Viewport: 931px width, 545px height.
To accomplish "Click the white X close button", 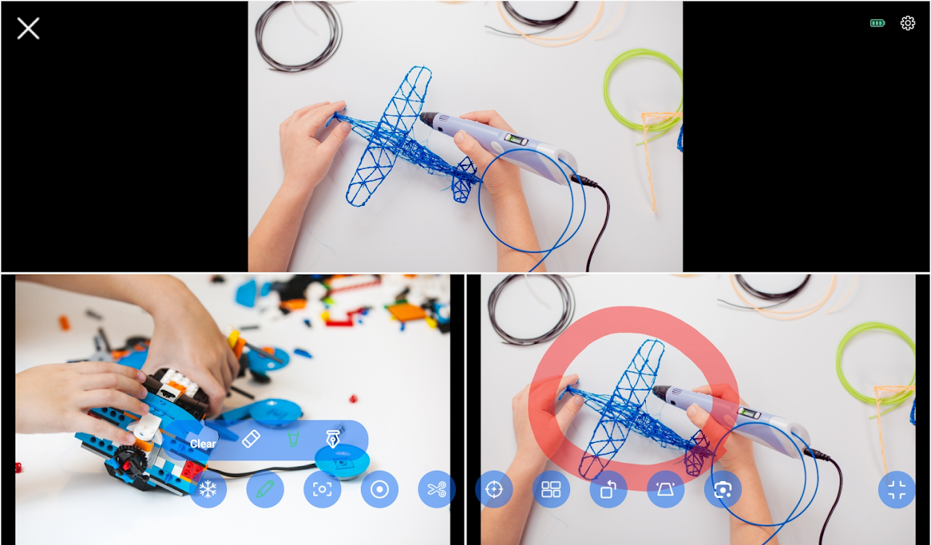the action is pyautogui.click(x=28, y=28).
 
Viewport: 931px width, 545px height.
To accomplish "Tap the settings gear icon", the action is pyautogui.click(x=908, y=23).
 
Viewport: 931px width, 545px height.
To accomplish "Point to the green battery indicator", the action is pyautogui.click(x=877, y=23).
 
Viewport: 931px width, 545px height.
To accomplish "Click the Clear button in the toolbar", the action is pyautogui.click(x=203, y=443).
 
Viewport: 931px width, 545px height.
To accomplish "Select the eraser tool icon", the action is pyautogui.click(x=251, y=439).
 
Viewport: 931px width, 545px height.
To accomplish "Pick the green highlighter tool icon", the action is pyautogui.click(x=293, y=439).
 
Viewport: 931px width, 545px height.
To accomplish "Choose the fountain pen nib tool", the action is pyautogui.click(x=333, y=439).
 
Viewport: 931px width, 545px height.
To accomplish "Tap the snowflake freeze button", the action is pyautogui.click(x=208, y=489).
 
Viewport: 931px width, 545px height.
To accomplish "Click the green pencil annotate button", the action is pyautogui.click(x=265, y=489).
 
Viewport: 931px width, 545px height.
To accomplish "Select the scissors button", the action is pyautogui.click(x=437, y=489).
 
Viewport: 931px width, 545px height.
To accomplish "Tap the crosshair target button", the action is pyautogui.click(x=494, y=489).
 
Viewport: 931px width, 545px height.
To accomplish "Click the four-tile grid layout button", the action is pyautogui.click(x=551, y=489).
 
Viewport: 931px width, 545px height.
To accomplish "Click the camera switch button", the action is pyautogui.click(x=723, y=489).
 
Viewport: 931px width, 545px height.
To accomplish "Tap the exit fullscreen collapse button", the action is pyautogui.click(x=896, y=489).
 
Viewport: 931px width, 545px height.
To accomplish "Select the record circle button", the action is pyautogui.click(x=379, y=489).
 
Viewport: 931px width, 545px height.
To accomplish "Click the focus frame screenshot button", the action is pyautogui.click(x=323, y=489).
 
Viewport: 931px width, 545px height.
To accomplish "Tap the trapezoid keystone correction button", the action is pyautogui.click(x=666, y=489).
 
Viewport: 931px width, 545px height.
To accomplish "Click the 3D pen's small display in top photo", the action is pyautogui.click(x=516, y=139).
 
